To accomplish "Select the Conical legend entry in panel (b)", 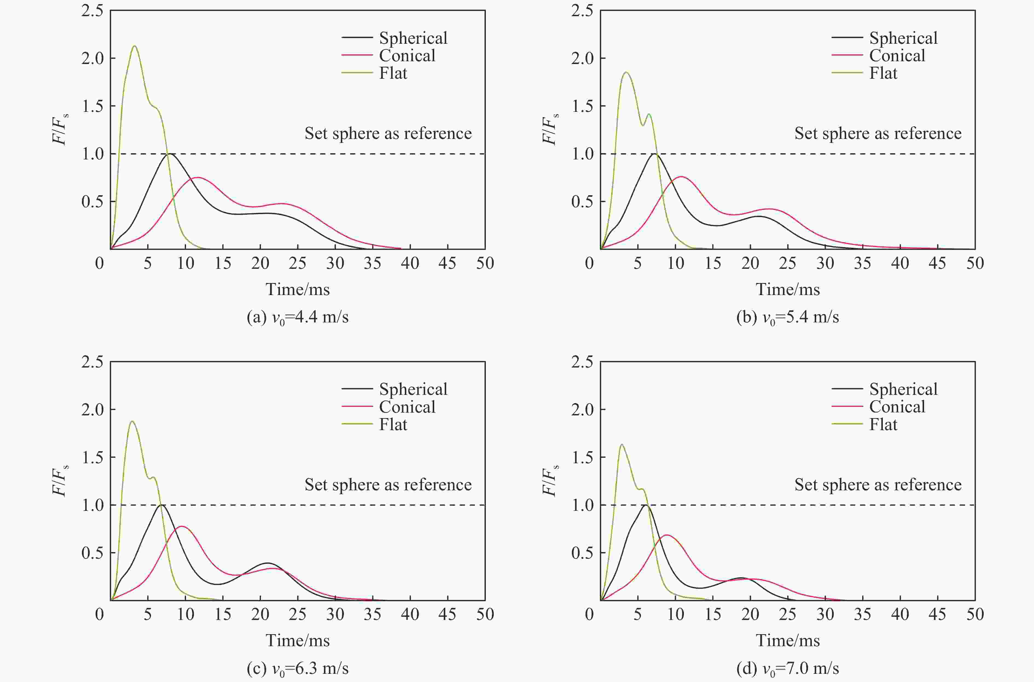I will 897,56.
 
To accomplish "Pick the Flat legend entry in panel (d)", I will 883,424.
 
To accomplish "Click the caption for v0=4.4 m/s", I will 298,317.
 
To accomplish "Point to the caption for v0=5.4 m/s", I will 787,317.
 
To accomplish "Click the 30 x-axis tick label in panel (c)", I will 335,614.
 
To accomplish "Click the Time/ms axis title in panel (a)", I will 298,289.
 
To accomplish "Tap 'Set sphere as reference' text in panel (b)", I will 878,133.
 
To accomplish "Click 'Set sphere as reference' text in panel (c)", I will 388,485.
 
